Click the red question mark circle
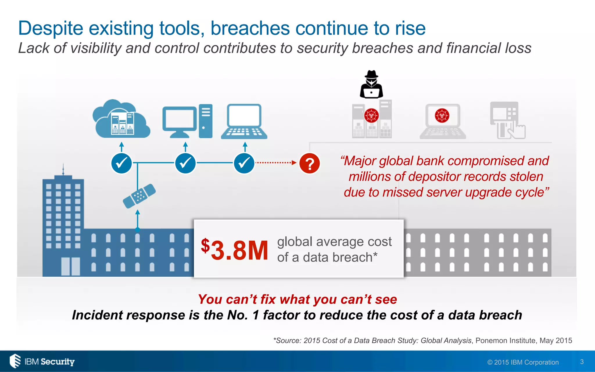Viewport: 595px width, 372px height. (309, 163)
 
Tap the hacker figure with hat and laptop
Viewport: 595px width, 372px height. (371, 85)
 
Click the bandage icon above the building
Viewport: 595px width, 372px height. (139, 196)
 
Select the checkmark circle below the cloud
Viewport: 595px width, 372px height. (121, 163)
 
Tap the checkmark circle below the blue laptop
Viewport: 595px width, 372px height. (244, 163)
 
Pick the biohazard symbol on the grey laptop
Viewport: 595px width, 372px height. (442, 115)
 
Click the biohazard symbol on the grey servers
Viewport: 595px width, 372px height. (371, 115)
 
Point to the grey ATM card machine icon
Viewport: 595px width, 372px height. (508, 120)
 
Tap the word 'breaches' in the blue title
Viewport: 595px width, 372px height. (250, 28)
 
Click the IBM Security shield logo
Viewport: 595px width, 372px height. (15, 361)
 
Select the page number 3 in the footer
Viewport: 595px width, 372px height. (582, 362)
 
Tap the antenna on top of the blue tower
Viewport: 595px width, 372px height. (63, 169)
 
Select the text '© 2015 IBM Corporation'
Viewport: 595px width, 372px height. (523, 362)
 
